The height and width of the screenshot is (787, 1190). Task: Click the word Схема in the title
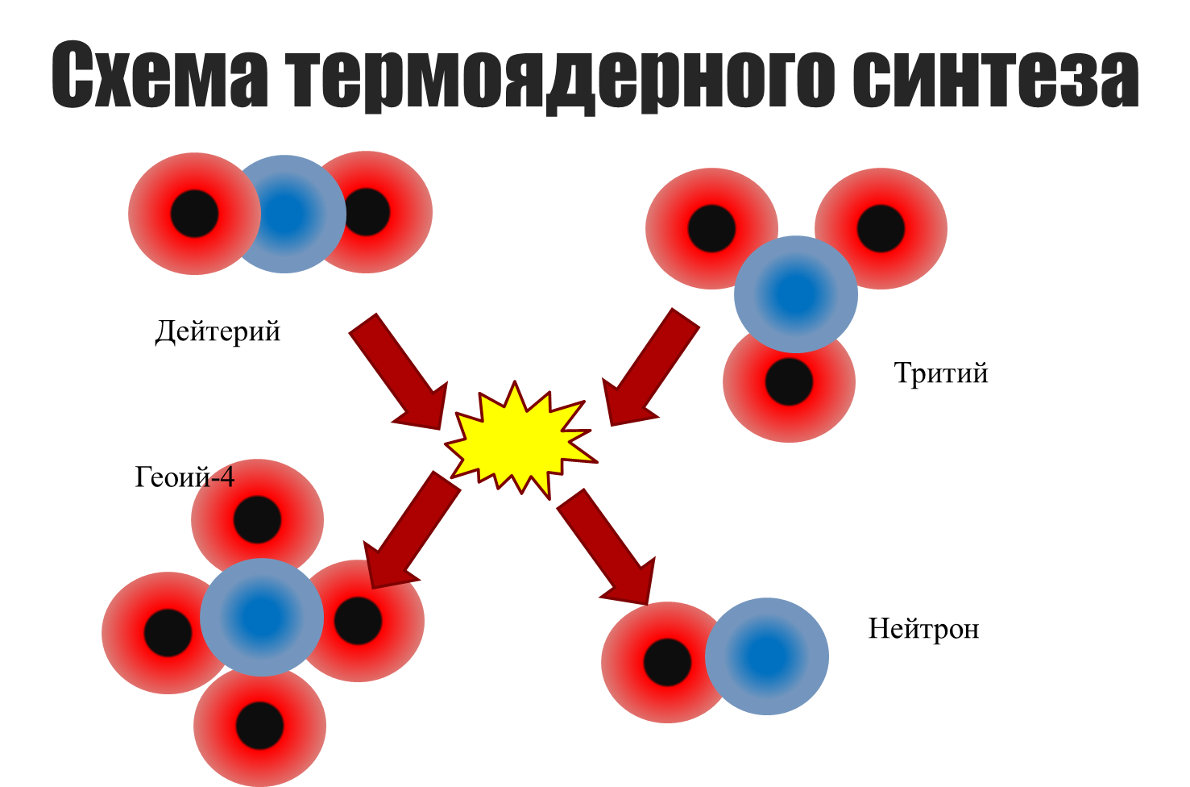point(159,76)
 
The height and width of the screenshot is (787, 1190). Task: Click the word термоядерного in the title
point(561,77)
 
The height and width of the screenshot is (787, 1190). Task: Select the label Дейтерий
point(218,331)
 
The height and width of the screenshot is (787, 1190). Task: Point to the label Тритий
point(941,373)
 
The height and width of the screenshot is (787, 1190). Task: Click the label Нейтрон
point(923,629)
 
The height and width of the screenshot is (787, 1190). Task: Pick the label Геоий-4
point(185,477)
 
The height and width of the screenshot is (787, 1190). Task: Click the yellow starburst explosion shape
point(520,440)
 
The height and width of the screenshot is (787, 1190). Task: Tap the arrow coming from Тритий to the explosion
point(649,368)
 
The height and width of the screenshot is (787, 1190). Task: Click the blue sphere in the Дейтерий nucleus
point(286,214)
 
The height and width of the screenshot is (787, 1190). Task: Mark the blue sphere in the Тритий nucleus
point(796,294)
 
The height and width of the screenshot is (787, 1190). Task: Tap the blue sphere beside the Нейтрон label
point(767,656)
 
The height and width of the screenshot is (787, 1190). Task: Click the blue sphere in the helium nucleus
point(262,617)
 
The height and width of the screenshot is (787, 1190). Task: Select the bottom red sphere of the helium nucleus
point(259,730)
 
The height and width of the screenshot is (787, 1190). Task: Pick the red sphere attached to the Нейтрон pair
point(657,663)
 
